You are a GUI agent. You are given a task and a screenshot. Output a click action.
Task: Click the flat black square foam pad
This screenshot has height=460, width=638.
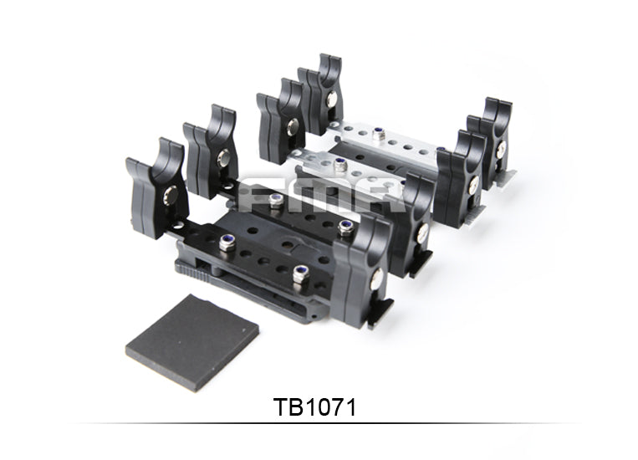coord(192,342)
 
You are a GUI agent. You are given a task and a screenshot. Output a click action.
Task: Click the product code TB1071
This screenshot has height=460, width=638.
coord(315,407)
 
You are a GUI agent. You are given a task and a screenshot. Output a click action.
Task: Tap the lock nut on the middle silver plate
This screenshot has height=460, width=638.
coord(339,166)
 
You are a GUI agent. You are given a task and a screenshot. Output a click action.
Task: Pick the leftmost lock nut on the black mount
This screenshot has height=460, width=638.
coord(227,243)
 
